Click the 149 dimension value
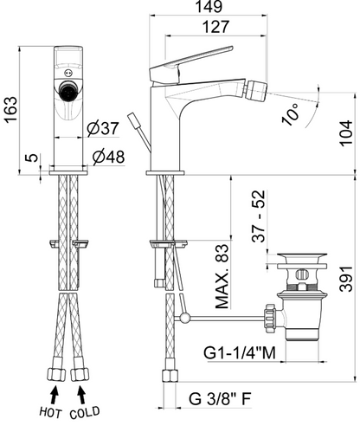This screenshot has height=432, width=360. coord(209,6)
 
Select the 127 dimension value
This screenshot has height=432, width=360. coord(215,27)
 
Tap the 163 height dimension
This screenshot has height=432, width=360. coord(11,110)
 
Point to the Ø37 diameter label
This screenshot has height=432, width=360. coord(103,128)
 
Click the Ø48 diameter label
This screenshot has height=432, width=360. coord(109,157)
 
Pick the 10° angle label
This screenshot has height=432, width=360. coord(291,114)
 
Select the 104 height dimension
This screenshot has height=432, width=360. coord(346,133)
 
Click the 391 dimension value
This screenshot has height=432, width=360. coord(346,279)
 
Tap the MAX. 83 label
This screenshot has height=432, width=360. coord(222,277)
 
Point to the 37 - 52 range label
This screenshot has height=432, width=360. coord(259,216)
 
